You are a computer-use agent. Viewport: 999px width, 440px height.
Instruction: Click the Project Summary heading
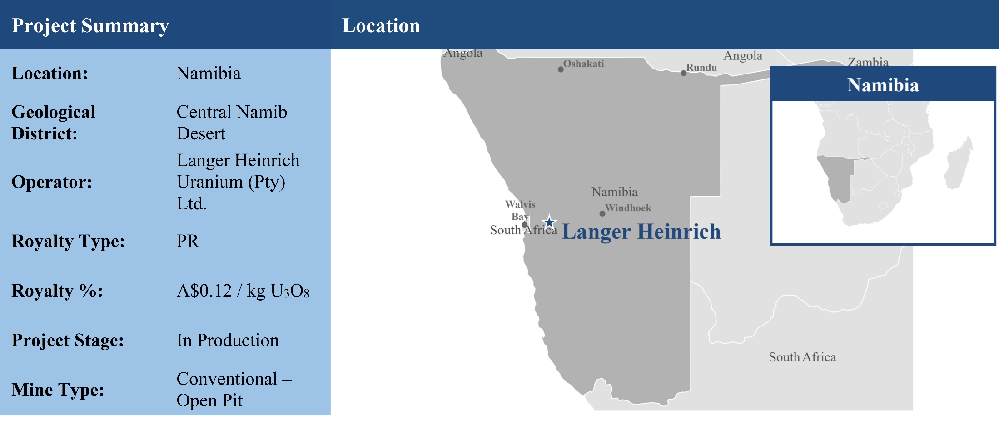[x=90, y=26]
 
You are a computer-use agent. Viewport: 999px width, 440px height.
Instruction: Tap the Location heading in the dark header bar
[x=381, y=25]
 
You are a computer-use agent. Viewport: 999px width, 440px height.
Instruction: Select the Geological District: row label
[x=54, y=123]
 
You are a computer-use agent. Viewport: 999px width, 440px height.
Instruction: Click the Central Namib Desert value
[x=232, y=123]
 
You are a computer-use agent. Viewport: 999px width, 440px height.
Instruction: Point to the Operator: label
[x=52, y=182]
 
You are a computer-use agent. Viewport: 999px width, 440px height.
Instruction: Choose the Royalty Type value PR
[x=188, y=241]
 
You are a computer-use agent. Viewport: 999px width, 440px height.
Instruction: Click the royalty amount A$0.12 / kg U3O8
[x=243, y=291]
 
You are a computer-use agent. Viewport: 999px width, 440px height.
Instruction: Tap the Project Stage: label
[x=68, y=340]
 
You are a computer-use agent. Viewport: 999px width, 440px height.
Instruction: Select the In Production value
[x=228, y=340]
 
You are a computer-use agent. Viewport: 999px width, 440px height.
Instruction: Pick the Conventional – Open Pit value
[x=234, y=389]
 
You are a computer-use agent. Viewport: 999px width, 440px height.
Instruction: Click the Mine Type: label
[x=58, y=390]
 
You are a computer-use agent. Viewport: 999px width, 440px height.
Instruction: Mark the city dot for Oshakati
[x=561, y=69]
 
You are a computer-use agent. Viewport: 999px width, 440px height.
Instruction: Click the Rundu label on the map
[x=701, y=68]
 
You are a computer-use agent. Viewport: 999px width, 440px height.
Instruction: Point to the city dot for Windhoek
[x=602, y=213]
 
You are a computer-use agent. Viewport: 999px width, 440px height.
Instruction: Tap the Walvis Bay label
[x=520, y=210]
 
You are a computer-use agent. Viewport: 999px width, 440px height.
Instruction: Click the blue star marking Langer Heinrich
[x=549, y=222]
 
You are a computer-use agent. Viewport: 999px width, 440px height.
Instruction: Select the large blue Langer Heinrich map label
[x=641, y=232]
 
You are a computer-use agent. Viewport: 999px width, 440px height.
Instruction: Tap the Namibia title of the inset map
[x=883, y=85]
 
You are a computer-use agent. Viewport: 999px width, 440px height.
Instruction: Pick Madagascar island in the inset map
[x=959, y=163]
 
